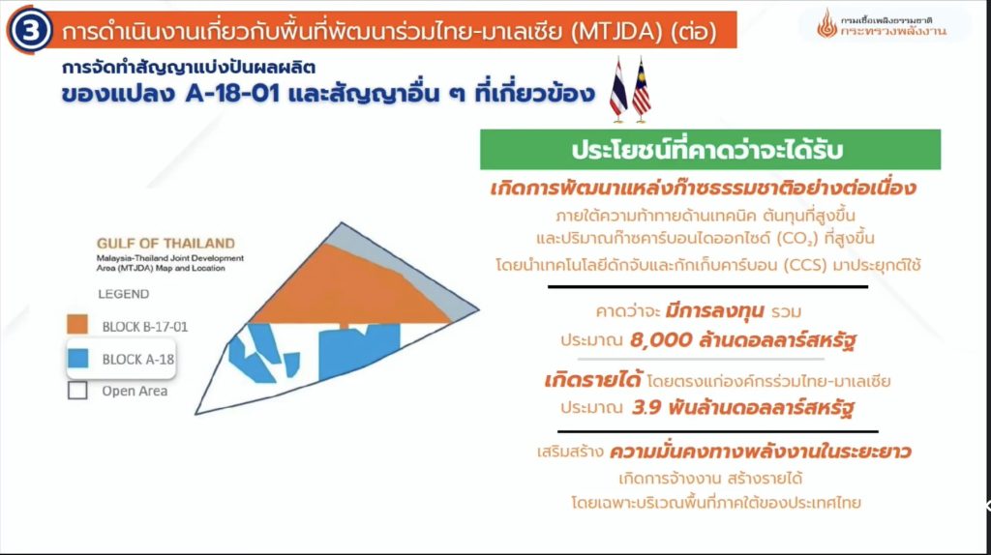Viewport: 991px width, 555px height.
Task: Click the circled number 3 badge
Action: coord(30,30)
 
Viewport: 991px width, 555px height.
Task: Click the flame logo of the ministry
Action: coord(826,23)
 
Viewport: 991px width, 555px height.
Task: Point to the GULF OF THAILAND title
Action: coord(165,243)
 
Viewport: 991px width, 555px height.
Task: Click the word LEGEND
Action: coord(123,294)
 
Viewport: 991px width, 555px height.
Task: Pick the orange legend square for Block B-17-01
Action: coord(77,325)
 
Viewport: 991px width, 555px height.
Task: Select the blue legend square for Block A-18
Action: coord(77,358)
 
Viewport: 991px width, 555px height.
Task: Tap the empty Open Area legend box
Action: coord(77,391)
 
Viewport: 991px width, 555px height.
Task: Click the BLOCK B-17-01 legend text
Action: coord(145,327)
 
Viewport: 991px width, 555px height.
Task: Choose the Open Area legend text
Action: coord(135,391)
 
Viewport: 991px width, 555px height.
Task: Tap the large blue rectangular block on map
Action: coord(358,350)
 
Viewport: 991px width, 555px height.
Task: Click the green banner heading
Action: coord(709,150)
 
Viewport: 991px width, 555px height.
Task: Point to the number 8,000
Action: coord(661,340)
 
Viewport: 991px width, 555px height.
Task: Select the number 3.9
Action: coord(646,407)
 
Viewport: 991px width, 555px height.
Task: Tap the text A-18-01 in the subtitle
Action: coord(232,94)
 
